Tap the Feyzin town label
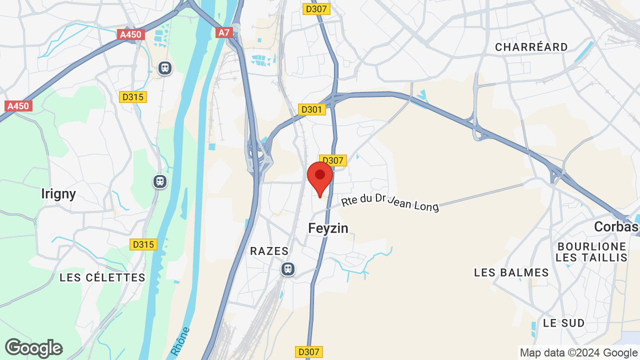[x=328, y=228]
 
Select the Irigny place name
[x=58, y=193]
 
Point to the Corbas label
[x=616, y=227]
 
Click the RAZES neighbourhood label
[x=269, y=251]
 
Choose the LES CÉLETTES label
[x=102, y=277]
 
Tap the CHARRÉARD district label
[x=531, y=47]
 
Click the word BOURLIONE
[x=591, y=246]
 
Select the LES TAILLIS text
[x=591, y=258]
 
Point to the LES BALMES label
[x=511, y=272]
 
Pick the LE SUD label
[x=564, y=323]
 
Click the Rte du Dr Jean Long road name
[x=390, y=202]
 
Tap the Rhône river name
[x=180, y=341]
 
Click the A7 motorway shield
[x=223, y=32]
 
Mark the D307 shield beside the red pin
[x=333, y=160]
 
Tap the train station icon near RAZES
[x=287, y=269]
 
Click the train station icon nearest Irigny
[x=160, y=181]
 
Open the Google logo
[x=33, y=348]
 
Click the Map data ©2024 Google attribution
[x=578, y=353]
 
